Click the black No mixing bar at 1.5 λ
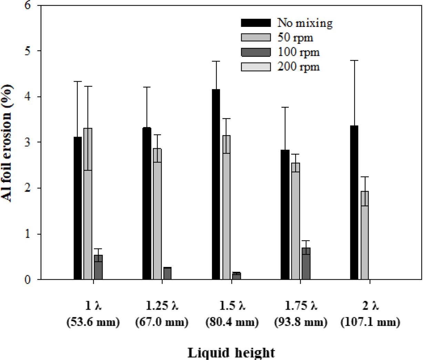click(x=216, y=184)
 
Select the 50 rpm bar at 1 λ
click(x=88, y=203)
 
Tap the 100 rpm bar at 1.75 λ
click(x=306, y=263)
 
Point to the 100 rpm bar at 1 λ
click(x=98, y=267)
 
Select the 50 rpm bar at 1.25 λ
click(x=157, y=214)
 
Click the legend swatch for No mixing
click(x=256, y=23)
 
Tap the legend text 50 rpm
click(x=295, y=37)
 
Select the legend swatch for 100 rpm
click(x=256, y=52)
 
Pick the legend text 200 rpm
click(x=298, y=66)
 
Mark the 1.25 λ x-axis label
click(x=162, y=306)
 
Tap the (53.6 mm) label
click(x=93, y=322)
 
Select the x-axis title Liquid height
click(x=231, y=352)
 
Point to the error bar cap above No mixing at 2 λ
click(x=354, y=60)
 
